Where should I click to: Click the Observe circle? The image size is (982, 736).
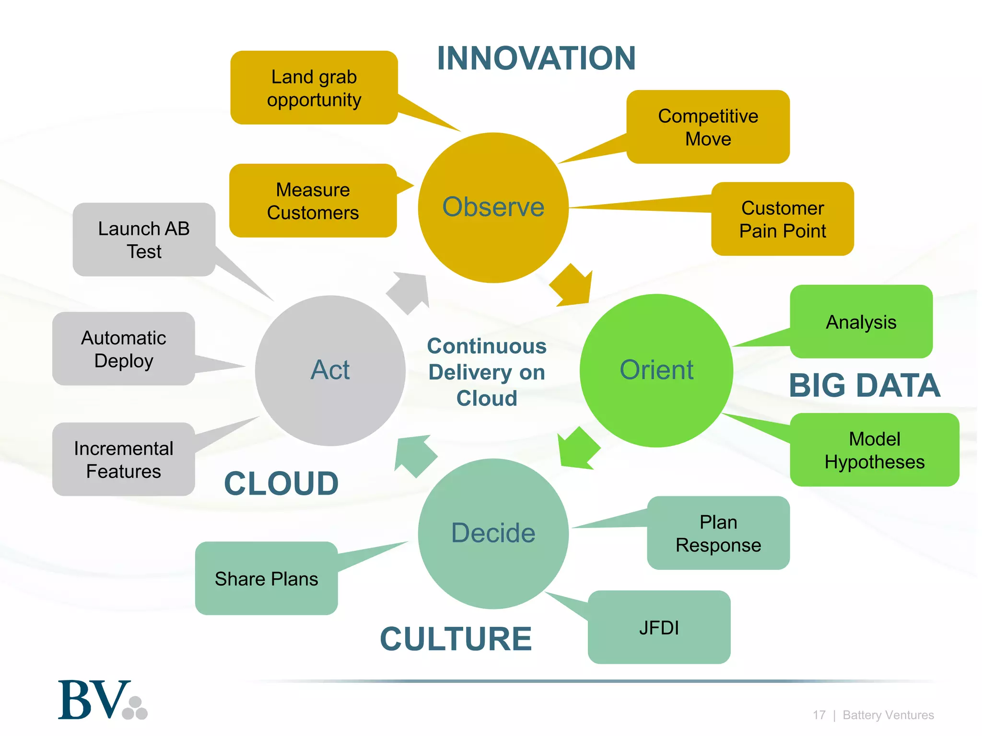click(493, 207)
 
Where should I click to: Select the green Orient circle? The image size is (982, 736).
click(656, 370)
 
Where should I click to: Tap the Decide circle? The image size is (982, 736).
click(493, 533)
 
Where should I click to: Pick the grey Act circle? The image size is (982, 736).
click(330, 370)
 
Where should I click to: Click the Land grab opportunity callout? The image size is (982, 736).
click(314, 88)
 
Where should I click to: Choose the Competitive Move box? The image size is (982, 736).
click(708, 127)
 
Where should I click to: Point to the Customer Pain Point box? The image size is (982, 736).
click(782, 219)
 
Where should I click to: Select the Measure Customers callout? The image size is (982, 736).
click(313, 201)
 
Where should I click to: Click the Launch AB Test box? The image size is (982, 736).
click(144, 240)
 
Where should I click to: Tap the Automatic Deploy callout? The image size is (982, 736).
click(124, 349)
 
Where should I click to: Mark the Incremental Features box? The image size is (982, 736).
click(124, 460)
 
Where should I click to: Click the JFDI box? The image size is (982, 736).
click(659, 627)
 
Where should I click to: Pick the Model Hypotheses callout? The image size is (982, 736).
click(874, 450)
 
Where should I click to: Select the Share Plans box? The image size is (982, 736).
click(267, 578)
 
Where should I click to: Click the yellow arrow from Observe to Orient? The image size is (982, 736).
click(573, 286)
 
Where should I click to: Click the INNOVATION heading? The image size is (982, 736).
click(536, 58)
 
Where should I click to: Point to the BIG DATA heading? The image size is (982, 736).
click(864, 385)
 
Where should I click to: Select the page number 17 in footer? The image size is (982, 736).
click(818, 715)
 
